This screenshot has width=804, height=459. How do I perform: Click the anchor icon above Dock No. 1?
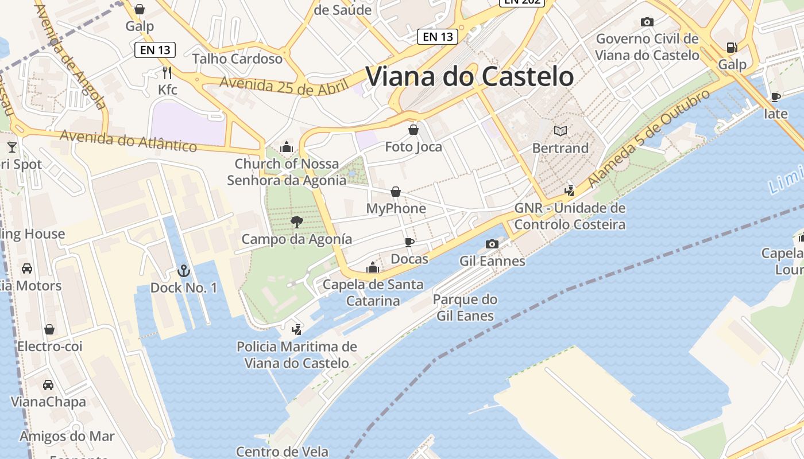(x=183, y=270)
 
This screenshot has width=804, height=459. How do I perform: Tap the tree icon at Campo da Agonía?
(x=297, y=222)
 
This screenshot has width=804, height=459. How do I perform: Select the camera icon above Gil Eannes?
(x=492, y=244)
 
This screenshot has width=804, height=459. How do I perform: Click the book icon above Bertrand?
(x=560, y=131)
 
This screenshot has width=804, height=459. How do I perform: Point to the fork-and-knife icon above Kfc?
(x=167, y=73)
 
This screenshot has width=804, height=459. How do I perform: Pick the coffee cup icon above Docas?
(x=409, y=242)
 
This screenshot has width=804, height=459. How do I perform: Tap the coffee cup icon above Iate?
(x=775, y=96)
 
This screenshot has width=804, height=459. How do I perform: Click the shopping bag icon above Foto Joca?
(x=413, y=130)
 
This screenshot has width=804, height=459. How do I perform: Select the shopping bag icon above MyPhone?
(x=396, y=192)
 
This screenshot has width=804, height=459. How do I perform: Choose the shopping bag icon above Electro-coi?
(x=49, y=329)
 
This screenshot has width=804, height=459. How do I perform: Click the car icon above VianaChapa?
(x=48, y=384)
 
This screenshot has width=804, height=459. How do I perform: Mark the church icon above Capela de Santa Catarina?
(x=373, y=267)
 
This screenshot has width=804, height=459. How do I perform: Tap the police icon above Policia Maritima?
(x=296, y=329)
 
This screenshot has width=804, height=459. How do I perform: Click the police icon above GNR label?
(x=569, y=190)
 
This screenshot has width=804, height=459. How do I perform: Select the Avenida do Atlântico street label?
(x=128, y=141)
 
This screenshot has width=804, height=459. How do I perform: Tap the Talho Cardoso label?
(x=237, y=59)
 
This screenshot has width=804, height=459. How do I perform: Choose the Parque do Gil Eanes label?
(x=465, y=308)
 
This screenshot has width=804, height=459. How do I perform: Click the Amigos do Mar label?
(x=67, y=436)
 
